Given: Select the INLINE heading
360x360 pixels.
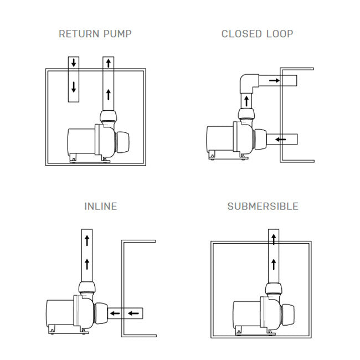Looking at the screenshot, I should tap(101, 207).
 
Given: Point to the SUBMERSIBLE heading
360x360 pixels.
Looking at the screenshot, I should tap(263, 207).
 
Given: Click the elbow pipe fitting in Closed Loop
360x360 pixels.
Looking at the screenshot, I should tap(248, 83).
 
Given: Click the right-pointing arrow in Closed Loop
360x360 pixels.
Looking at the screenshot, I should tap(274, 81).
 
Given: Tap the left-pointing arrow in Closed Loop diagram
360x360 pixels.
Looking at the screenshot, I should tap(281, 138).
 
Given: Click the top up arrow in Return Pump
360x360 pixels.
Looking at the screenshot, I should tap(108, 63).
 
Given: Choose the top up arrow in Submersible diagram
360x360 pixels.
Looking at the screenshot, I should tap(273, 239).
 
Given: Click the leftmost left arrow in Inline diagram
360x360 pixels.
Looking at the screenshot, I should tap(115, 314).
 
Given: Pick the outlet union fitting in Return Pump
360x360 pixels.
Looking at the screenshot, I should tap(108, 117).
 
